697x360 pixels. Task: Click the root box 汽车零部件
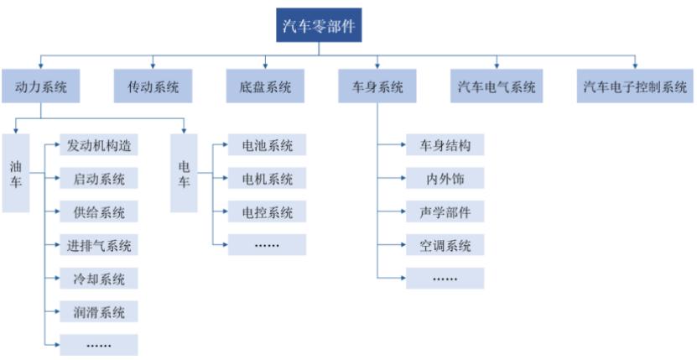[319, 25]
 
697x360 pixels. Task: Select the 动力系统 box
[42, 86]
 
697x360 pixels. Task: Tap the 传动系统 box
[153, 86]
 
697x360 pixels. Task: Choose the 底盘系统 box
[265, 86]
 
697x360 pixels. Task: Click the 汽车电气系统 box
[496, 86]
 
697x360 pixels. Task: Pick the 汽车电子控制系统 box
[635, 86]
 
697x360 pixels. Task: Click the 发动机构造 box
[99, 145]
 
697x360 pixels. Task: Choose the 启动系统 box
[99, 178]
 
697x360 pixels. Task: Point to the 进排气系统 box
[99, 245]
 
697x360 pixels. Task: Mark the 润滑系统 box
[99, 312]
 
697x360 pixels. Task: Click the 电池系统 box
[268, 145]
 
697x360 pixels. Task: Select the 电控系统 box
[268, 211]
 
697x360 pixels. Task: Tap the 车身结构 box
[445, 145]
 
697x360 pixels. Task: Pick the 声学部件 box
[445, 211]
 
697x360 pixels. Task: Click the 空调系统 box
[445, 245]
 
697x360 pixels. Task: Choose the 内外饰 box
[445, 178]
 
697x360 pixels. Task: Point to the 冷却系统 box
[99, 279]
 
